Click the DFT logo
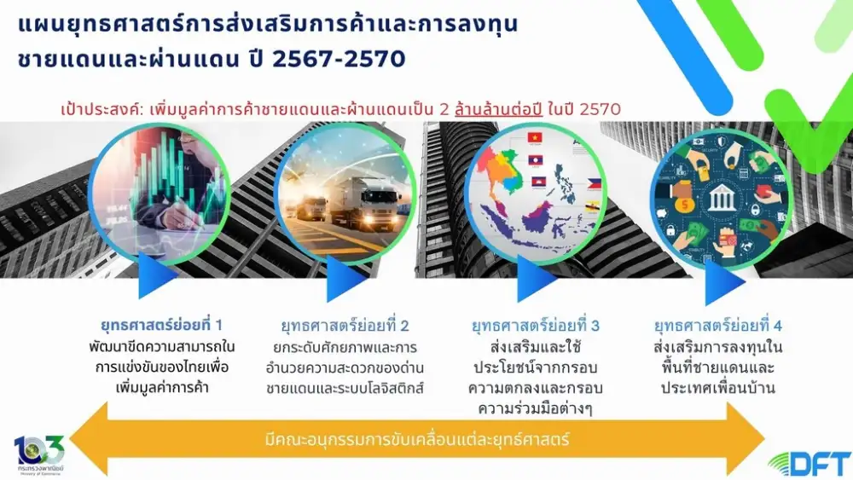point(810,464)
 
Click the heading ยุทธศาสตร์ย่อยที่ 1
point(161,325)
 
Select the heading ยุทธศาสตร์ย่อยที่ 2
point(345,326)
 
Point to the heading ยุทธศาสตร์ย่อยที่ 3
point(536,326)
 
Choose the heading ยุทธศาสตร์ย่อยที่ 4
point(718,326)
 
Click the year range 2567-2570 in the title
point(339,59)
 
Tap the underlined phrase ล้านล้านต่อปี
point(499,109)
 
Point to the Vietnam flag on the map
point(535,138)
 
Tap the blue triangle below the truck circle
point(345,278)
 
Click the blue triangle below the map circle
point(536,278)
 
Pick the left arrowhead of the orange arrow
point(89,439)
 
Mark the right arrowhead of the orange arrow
point(746,439)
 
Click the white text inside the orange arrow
point(417,439)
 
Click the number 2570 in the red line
point(601,109)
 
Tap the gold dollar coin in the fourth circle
point(685,205)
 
